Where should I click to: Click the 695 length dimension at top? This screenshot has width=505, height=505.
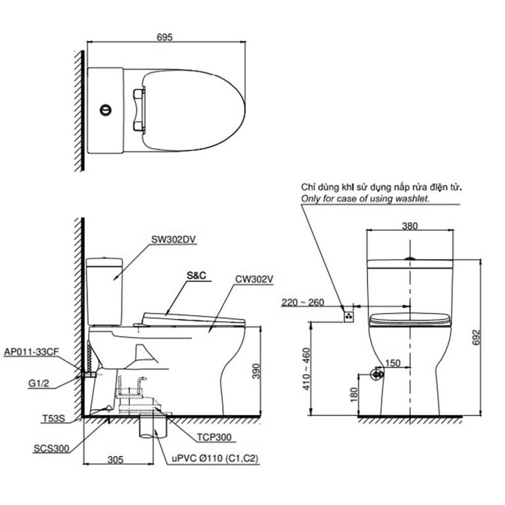point(165,37)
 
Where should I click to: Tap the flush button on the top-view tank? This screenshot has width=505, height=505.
point(104,109)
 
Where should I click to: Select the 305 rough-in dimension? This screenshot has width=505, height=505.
point(117,460)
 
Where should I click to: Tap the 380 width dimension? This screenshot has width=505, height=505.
point(410,225)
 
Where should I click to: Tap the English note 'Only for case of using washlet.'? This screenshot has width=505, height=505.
point(366,198)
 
